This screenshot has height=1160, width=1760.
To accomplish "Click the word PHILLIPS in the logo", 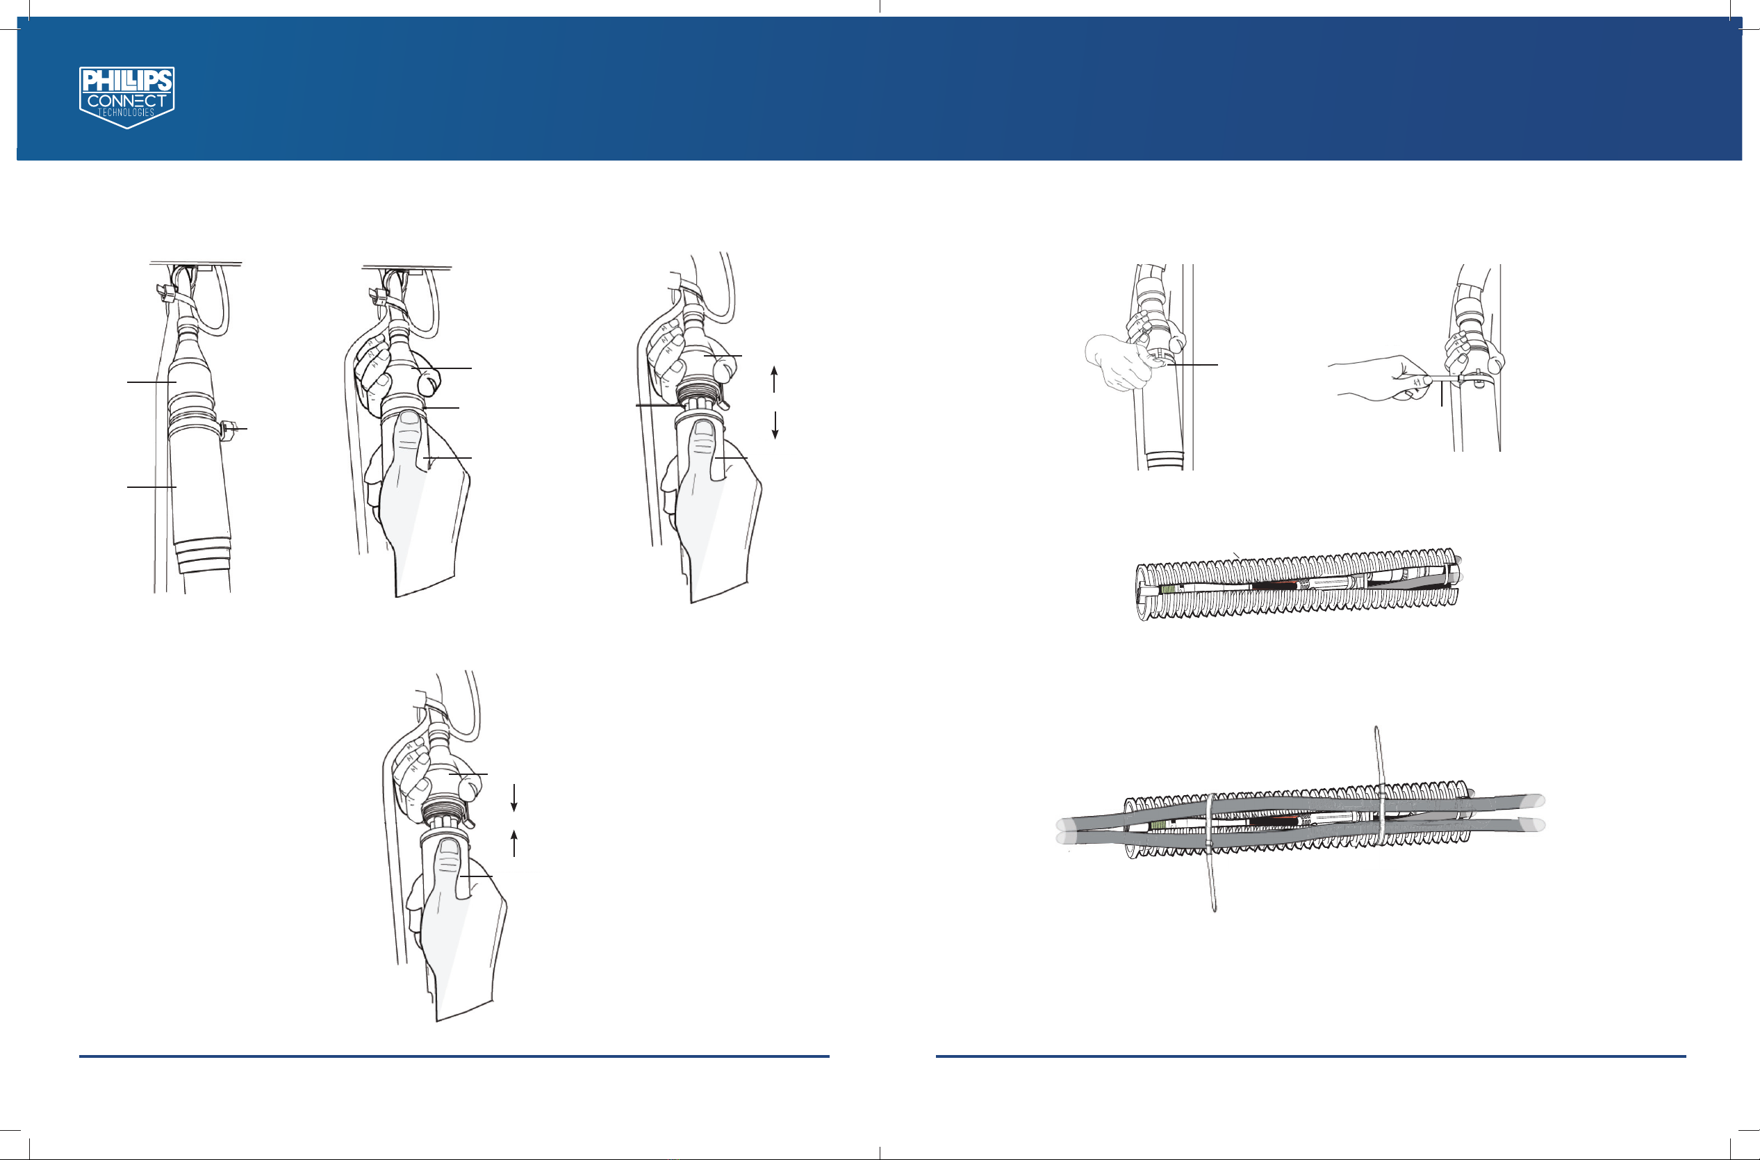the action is click(127, 80).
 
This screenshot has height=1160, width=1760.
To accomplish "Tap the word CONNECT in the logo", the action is click(127, 101).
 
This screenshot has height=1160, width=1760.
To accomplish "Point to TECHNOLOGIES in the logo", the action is click(126, 113).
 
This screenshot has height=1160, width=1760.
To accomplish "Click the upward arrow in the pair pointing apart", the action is click(774, 379).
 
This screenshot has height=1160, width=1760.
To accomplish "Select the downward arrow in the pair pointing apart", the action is click(775, 425).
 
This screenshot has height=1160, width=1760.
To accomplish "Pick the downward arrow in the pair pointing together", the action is click(514, 797).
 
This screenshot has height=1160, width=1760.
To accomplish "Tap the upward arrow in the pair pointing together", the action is click(514, 843).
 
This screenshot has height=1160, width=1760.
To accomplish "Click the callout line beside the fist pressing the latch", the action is click(1192, 365).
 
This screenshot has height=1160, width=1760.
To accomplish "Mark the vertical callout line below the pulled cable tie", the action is click(1441, 394).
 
